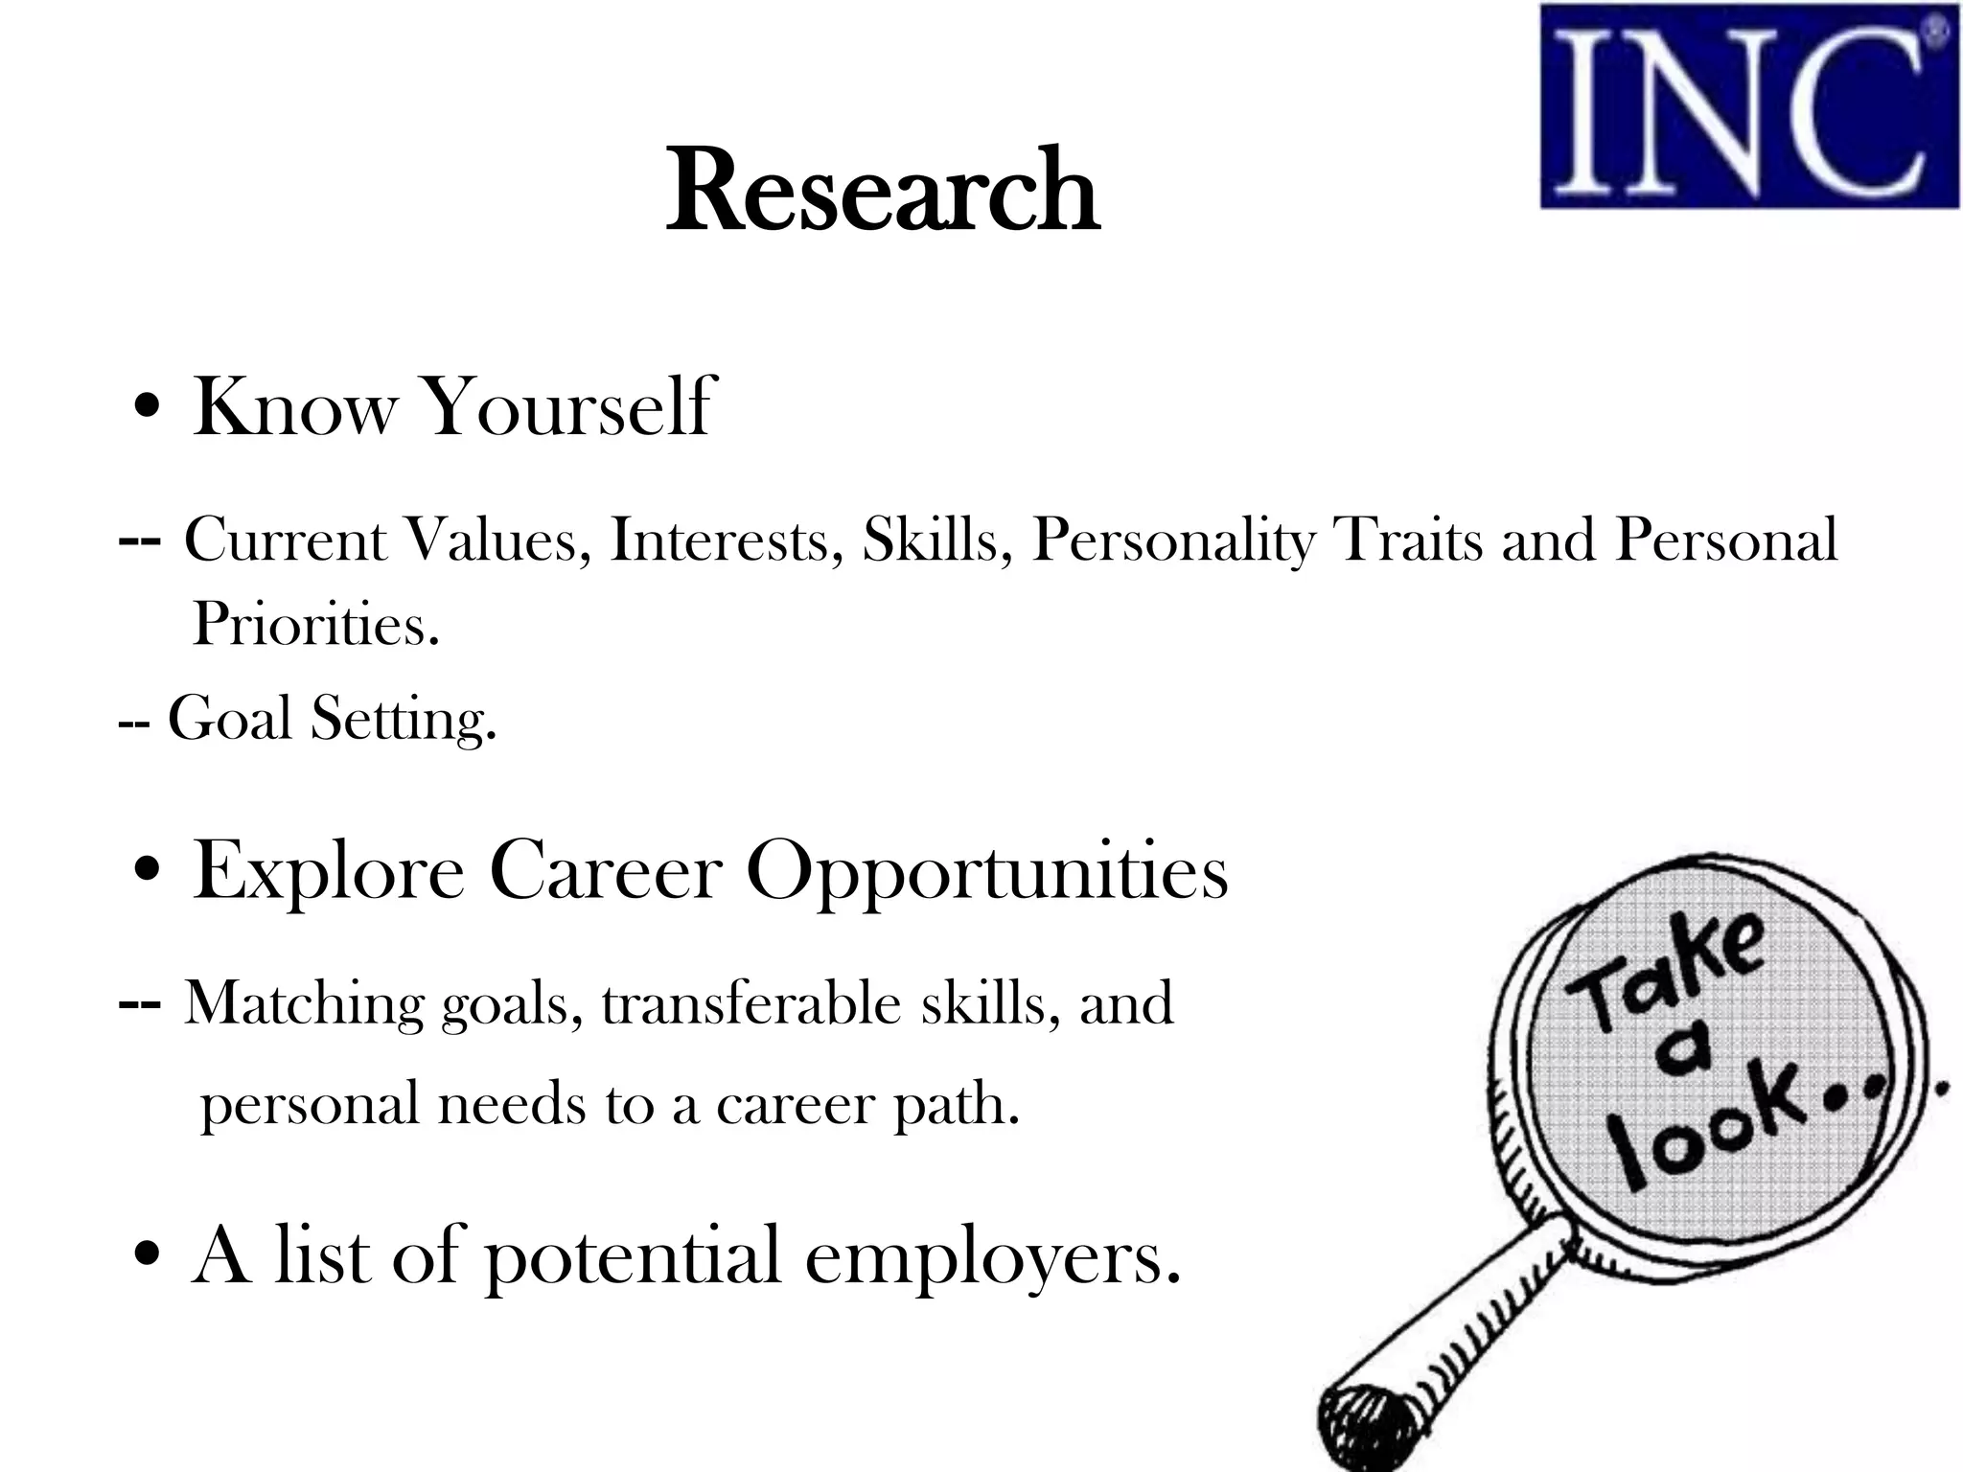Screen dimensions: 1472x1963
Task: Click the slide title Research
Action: tap(882, 191)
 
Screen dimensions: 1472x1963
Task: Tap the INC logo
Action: tap(1748, 107)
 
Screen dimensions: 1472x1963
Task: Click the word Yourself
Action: tap(567, 407)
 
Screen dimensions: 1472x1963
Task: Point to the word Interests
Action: tap(727, 540)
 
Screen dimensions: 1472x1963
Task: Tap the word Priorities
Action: tap(315, 624)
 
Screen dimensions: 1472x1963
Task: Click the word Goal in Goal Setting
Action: tap(229, 718)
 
